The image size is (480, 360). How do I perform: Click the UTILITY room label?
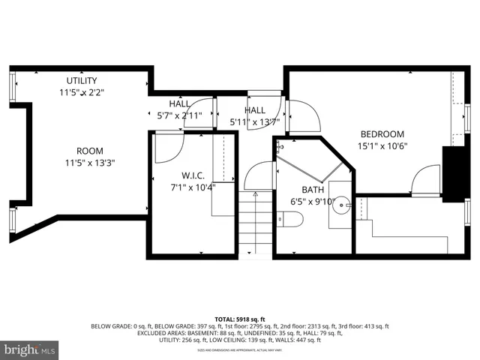[x=81, y=81]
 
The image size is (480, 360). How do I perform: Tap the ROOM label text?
[x=89, y=151]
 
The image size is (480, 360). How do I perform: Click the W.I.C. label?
[x=184, y=175]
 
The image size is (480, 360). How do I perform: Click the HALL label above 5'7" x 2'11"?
[x=179, y=104]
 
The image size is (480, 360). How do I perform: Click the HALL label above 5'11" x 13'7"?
[x=254, y=110]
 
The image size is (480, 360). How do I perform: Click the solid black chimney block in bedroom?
[x=452, y=173]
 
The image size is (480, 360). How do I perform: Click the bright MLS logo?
[x=30, y=349]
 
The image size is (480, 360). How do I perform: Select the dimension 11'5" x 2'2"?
[x=81, y=93]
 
